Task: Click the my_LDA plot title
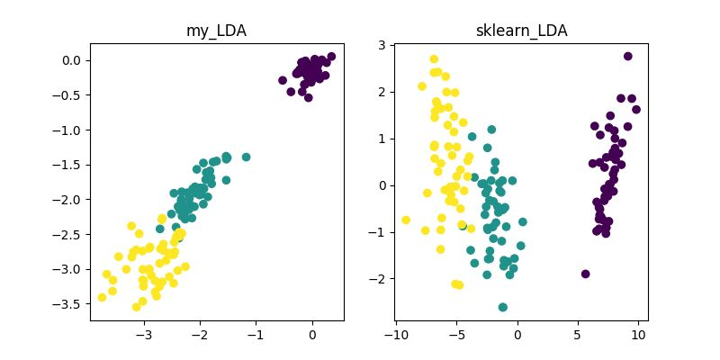[x=217, y=31]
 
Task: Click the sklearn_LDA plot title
[x=521, y=31]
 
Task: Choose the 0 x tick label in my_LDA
[x=312, y=336]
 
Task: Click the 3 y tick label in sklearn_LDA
[x=381, y=45]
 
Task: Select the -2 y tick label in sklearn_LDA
[x=378, y=279]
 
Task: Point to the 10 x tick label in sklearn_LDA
[x=638, y=336]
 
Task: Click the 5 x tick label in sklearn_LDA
[x=578, y=336]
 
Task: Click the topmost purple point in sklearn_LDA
[x=627, y=56]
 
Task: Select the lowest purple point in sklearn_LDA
[x=586, y=274]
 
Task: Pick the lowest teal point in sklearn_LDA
[x=503, y=307]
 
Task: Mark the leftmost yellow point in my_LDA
[x=102, y=297]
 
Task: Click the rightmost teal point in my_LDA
[x=246, y=157]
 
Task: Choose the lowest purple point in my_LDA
[x=308, y=97]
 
